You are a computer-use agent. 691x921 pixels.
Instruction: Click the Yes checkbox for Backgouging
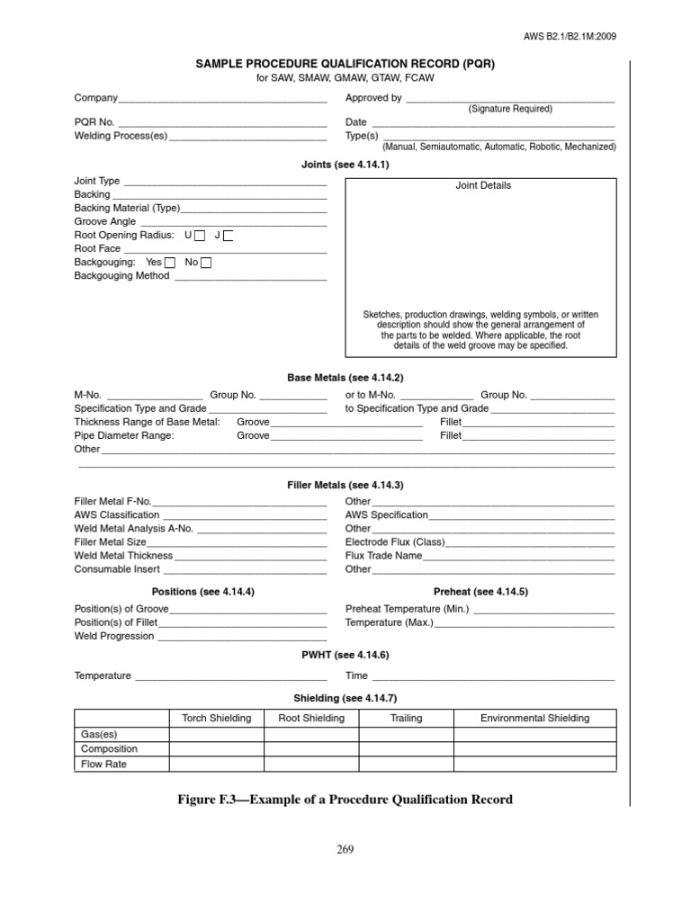170,263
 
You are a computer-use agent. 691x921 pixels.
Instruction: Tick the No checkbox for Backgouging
206,263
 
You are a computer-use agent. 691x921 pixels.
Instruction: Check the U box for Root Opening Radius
200,236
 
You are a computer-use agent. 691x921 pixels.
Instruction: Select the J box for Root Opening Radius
229,236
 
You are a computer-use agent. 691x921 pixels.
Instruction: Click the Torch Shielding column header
217,718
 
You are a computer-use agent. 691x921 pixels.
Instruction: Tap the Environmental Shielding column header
534,718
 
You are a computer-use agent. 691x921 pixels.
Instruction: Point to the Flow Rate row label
103,765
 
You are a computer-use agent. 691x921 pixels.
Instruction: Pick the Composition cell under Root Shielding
310,749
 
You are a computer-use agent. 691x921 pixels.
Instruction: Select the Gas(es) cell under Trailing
406,734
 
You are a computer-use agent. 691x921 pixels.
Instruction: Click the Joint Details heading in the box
482,185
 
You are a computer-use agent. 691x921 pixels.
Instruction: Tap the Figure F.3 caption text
345,800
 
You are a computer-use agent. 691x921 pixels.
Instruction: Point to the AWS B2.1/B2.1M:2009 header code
570,36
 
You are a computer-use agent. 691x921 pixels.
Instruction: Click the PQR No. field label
94,122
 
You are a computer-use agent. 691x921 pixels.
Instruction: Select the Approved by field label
373,98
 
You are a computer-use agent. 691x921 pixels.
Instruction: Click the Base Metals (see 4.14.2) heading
345,378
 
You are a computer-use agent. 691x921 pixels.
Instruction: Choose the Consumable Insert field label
117,569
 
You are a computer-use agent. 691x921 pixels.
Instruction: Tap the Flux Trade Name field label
383,556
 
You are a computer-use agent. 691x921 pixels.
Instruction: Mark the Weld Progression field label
114,636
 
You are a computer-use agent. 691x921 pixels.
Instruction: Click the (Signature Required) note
510,109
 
